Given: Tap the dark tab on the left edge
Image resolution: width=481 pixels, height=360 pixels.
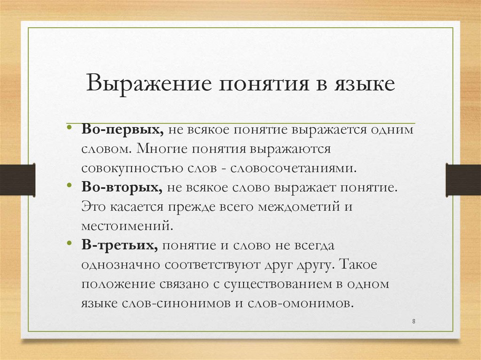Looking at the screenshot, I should click(17, 180).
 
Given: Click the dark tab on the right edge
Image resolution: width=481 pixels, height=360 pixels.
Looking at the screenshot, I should click(463, 180).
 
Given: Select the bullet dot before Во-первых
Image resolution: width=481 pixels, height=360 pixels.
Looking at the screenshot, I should click(70, 128).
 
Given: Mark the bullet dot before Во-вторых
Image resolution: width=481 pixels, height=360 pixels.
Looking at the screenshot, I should click(70, 186).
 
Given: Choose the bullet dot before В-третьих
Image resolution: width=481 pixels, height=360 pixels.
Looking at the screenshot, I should click(70, 244).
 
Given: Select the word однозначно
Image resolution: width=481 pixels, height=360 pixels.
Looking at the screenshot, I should click(114, 264).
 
